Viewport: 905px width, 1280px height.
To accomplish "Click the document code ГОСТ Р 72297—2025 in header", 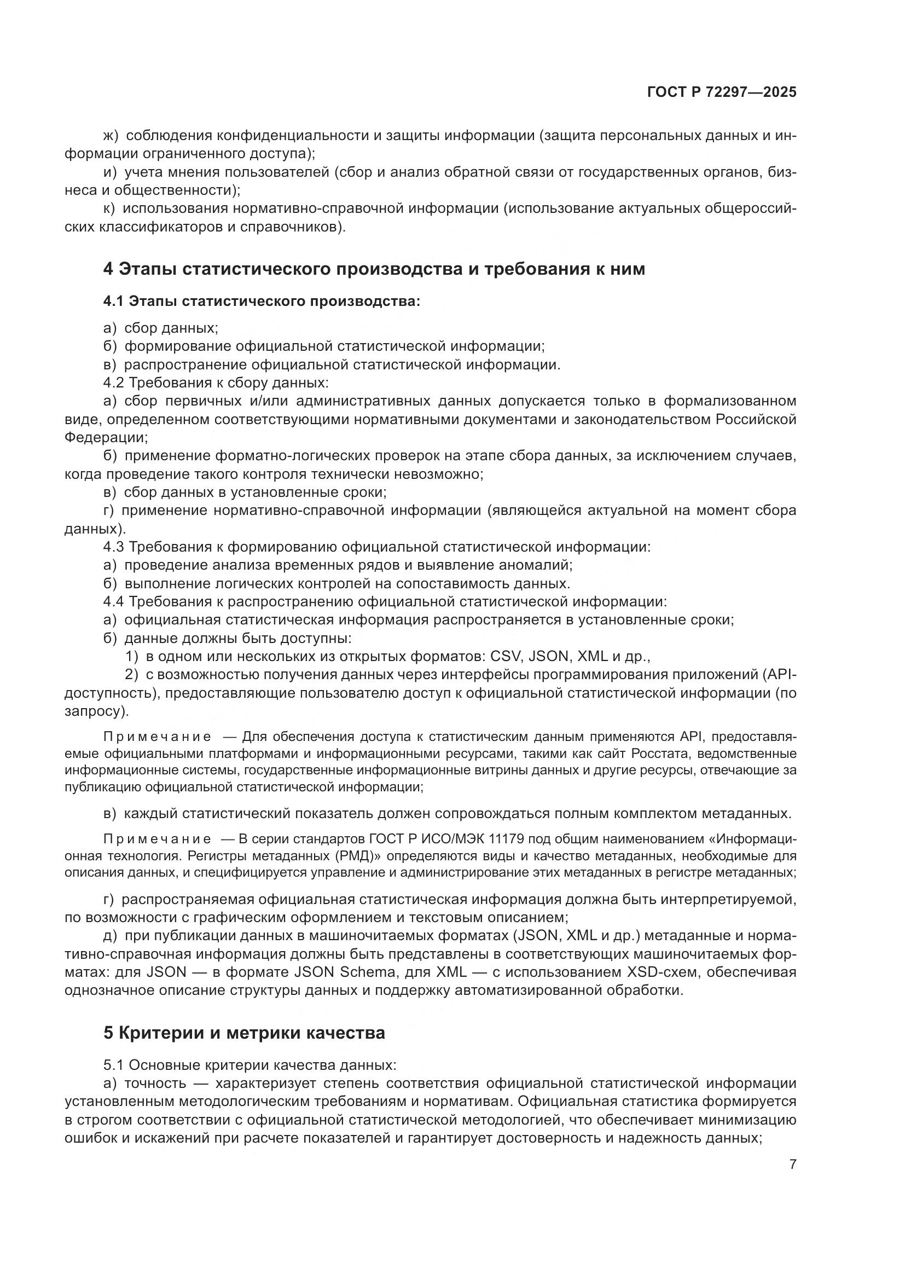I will point(722,92).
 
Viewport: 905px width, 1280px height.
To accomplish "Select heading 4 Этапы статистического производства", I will point(374,269).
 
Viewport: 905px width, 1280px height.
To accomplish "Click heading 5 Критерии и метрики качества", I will point(244,1033).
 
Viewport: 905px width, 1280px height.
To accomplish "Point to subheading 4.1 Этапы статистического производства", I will point(262,302).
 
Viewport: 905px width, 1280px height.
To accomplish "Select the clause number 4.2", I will point(114,383).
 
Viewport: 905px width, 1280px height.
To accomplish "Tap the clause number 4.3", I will point(114,547).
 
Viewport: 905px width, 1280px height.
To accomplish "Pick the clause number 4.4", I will point(114,601).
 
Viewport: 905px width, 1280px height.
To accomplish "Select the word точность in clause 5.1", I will point(155,1083).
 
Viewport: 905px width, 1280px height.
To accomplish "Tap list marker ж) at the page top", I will point(111,136).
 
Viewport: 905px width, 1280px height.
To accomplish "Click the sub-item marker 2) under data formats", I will point(131,675).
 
